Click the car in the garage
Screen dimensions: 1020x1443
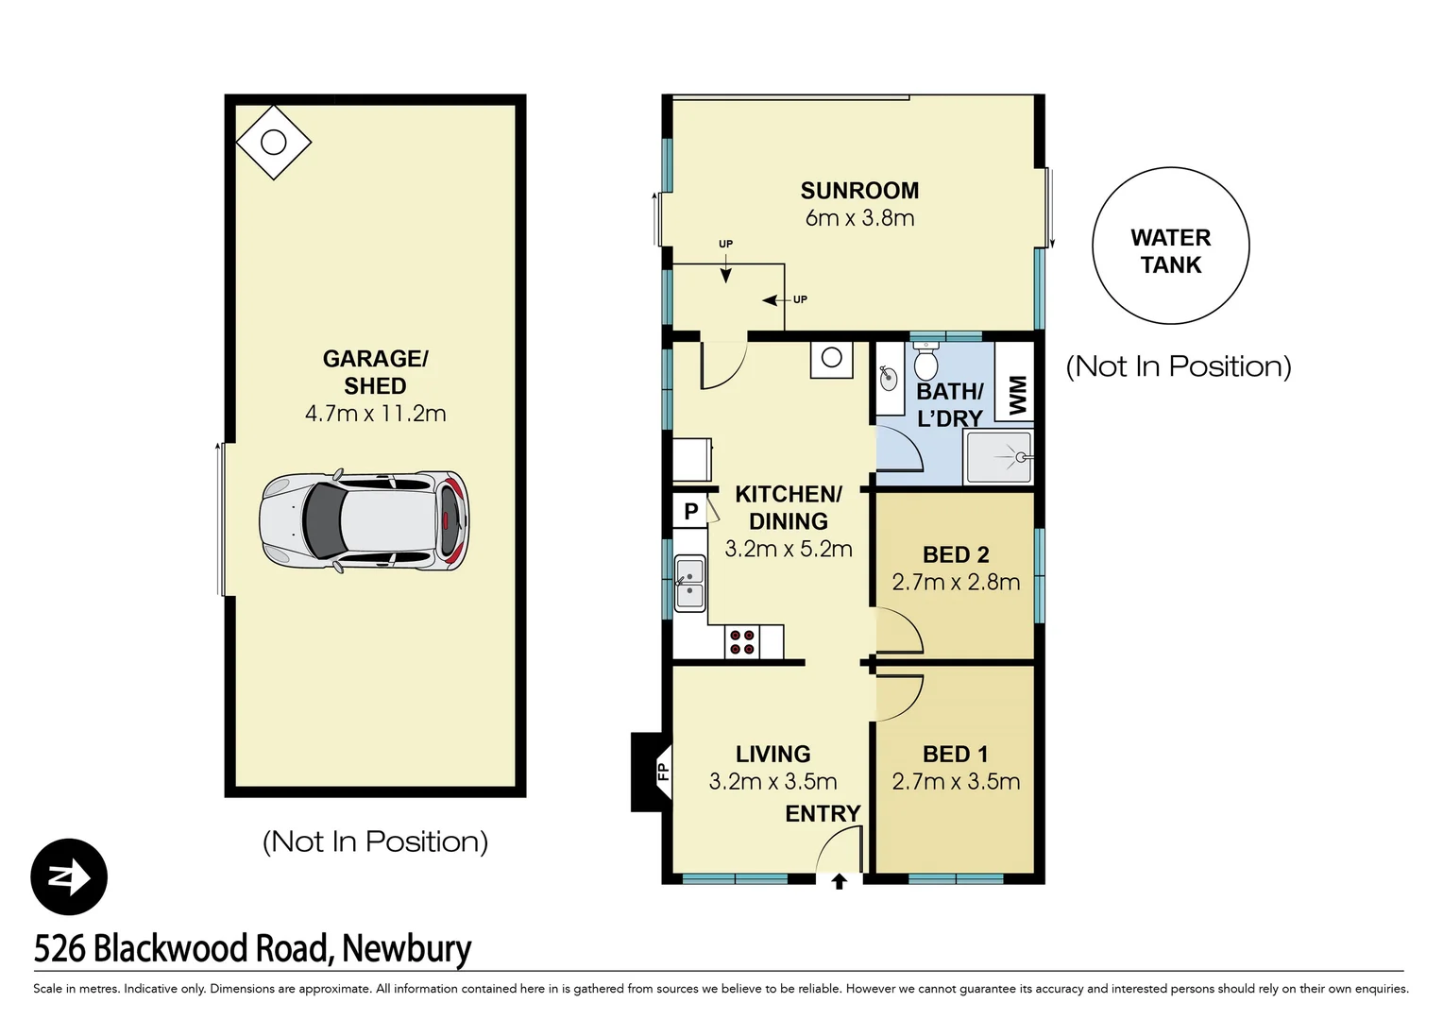[x=364, y=520]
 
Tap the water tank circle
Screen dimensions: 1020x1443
[x=1170, y=246]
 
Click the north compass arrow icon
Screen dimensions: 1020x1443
[x=69, y=876]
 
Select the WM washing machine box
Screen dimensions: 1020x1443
[x=1016, y=394]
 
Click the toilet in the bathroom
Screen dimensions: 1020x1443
[x=925, y=362]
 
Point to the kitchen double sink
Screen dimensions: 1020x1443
[x=689, y=583]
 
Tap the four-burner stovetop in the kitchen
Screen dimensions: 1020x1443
[x=742, y=642]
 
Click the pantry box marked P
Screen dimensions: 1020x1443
[x=691, y=511]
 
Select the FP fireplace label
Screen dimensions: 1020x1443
[x=662, y=772]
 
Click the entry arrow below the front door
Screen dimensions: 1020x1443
[x=839, y=881]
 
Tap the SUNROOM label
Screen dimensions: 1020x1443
[x=859, y=191]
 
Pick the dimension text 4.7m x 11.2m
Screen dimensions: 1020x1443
[x=375, y=414]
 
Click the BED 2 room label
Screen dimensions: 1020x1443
[x=956, y=554]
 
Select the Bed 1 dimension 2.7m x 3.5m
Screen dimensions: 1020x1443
[x=956, y=782]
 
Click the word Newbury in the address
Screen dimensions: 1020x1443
[x=406, y=948]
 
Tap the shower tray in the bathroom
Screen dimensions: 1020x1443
[x=999, y=458]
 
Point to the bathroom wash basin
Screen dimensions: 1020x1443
[x=889, y=379]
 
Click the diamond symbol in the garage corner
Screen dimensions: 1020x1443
[x=273, y=143]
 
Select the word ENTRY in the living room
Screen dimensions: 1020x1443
[x=823, y=813]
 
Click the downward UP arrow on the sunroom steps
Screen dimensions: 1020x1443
[x=725, y=271]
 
